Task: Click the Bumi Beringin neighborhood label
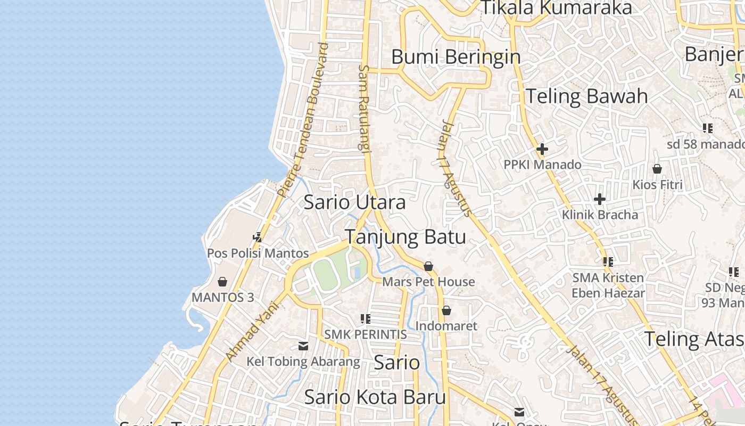[x=456, y=56]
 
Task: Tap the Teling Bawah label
[x=586, y=96]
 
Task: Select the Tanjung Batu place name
[x=405, y=237]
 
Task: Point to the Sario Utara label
[x=354, y=202]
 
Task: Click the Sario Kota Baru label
[x=375, y=397]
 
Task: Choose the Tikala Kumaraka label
[x=556, y=8]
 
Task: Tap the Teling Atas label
[x=694, y=339]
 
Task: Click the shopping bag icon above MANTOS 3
[x=222, y=282]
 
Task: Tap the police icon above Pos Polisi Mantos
[x=258, y=237]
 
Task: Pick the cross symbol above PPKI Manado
[x=542, y=149]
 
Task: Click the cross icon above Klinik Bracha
[x=600, y=199]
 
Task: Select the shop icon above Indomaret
[x=446, y=310]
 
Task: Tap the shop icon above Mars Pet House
[x=428, y=266]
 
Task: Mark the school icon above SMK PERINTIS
[x=365, y=319]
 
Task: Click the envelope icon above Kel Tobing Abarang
[x=303, y=346]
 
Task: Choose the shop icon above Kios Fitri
[x=657, y=169]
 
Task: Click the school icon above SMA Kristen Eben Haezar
[x=608, y=262]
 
